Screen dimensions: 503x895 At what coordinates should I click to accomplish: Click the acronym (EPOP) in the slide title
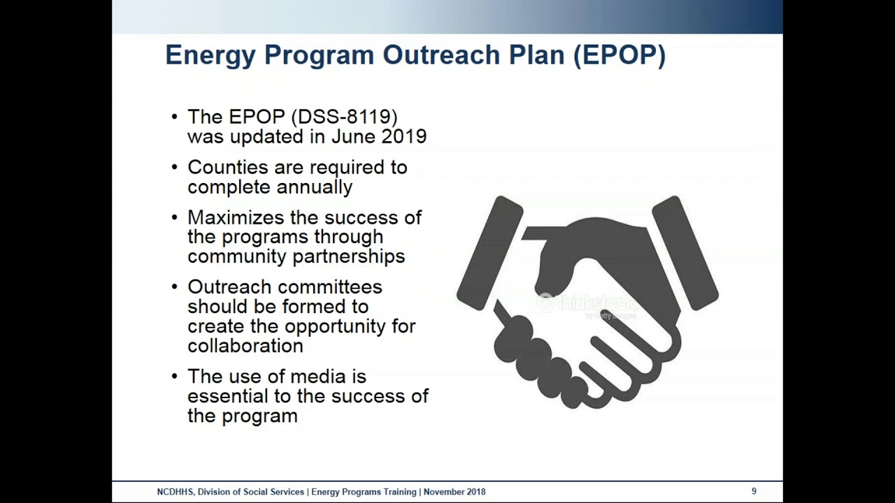(x=619, y=54)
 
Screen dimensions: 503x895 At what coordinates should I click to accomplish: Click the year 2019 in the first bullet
(x=403, y=136)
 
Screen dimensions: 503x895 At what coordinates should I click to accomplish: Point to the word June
(x=353, y=136)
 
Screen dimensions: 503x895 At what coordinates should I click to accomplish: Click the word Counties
(x=228, y=168)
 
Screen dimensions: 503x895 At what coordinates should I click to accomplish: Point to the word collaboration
(x=245, y=346)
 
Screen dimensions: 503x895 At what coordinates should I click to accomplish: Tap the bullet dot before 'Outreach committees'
(x=175, y=287)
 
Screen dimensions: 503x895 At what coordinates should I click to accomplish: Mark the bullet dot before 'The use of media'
(x=175, y=377)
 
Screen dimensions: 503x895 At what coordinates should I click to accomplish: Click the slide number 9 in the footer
(x=754, y=492)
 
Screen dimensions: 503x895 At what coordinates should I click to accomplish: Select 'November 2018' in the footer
(x=454, y=492)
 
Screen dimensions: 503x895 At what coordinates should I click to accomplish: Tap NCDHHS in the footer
(x=175, y=492)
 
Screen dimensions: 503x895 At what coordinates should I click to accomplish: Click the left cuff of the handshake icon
(x=489, y=251)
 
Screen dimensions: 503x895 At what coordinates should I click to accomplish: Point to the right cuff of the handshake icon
(x=685, y=251)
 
